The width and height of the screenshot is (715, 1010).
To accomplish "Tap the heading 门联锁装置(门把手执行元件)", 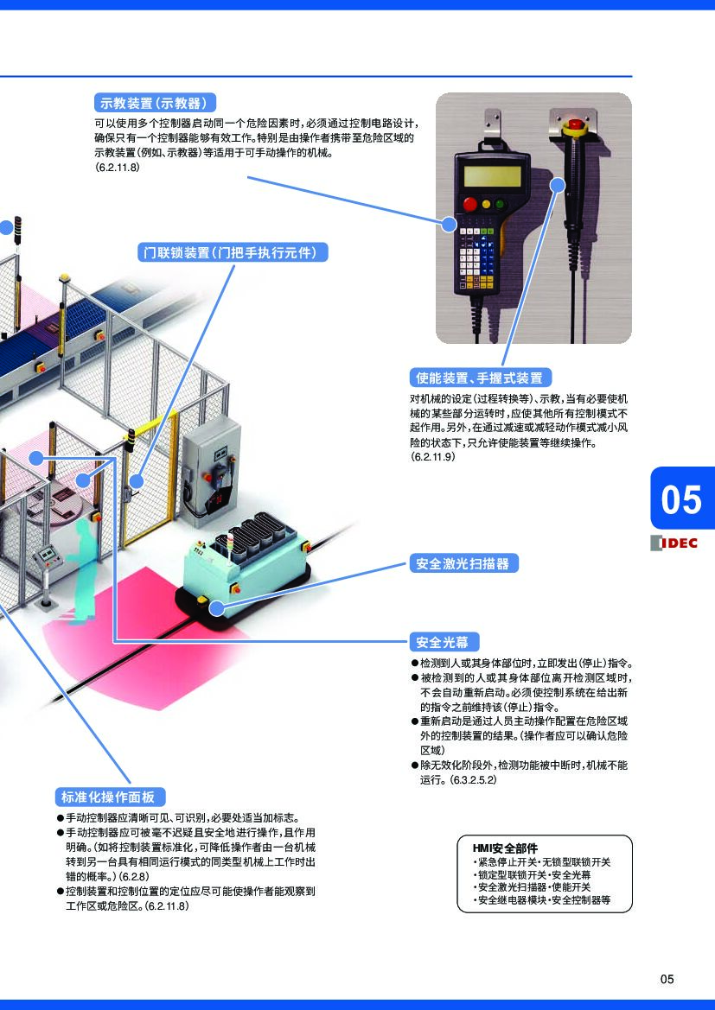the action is pos(234,252).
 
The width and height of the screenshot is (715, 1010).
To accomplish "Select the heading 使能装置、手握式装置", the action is pos(480,378).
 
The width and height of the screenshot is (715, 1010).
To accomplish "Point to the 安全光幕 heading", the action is pos(443,642).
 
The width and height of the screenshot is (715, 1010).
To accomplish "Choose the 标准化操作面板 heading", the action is pos(109,797).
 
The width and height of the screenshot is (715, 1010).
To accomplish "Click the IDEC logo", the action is pos(674,543).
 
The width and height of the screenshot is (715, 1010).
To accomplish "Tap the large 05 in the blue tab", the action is pos(681,499).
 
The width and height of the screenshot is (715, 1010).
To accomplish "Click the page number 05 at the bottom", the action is pos(667,979).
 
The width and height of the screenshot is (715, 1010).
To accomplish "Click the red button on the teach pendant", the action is pos(471,205).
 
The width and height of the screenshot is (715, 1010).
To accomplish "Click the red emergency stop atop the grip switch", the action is pos(572,124).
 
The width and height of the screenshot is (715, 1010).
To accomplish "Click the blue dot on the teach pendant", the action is pos(449,225).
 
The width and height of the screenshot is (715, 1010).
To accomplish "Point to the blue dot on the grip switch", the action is pos(558,183).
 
